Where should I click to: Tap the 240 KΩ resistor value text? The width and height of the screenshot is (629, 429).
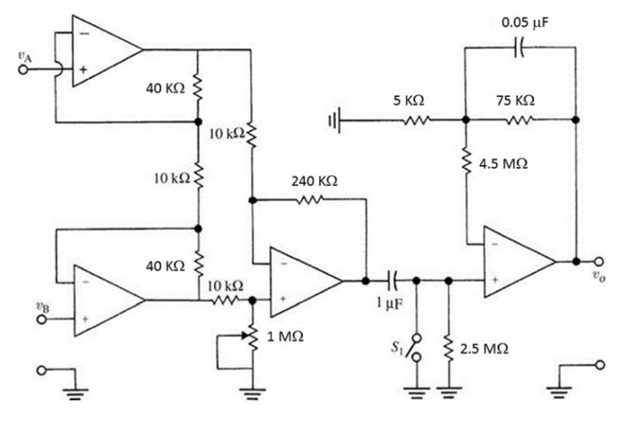tap(314, 181)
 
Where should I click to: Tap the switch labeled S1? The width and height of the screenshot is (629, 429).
tap(413, 346)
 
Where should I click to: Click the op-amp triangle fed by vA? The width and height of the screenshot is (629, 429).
tap(103, 50)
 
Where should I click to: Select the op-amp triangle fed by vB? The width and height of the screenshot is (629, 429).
tap(104, 300)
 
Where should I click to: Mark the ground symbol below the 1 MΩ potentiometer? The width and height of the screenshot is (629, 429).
tap(255, 390)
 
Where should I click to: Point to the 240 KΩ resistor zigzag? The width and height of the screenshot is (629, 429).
tap(310, 200)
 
